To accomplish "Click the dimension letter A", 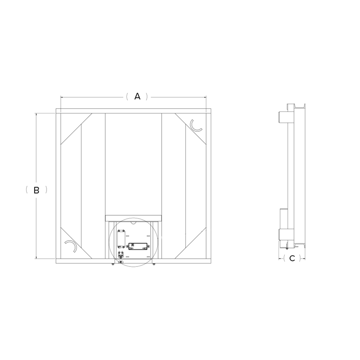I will [137, 97].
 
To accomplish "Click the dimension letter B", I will [37, 189].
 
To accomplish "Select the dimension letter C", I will [292, 258].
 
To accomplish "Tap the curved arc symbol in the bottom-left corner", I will [71, 247].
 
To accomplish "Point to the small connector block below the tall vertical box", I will [121, 255].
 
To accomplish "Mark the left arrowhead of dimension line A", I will [62, 97].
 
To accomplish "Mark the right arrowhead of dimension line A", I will [205, 97].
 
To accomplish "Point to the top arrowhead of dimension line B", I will [37, 114].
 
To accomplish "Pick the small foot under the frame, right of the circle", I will [153, 265].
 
